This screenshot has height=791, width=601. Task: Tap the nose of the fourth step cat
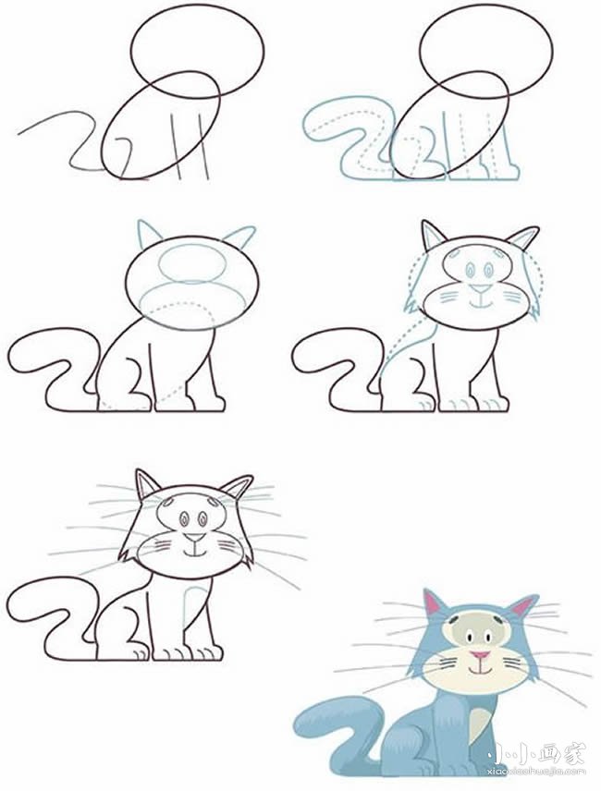tap(480, 289)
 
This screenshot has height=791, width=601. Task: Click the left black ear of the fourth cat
tap(432, 235)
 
